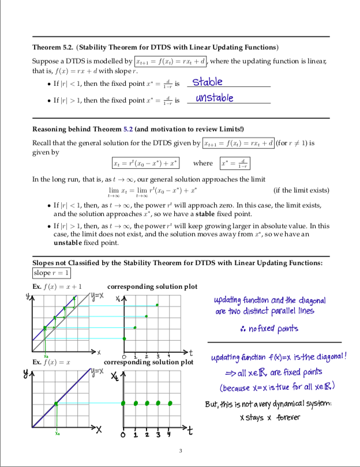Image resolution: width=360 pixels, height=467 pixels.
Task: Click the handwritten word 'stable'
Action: tap(207, 82)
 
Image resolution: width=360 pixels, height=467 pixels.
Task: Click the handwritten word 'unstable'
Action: tap(214, 97)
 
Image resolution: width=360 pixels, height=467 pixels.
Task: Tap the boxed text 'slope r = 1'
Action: tap(51, 273)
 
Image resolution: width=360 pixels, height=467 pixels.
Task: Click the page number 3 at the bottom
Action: tap(180, 450)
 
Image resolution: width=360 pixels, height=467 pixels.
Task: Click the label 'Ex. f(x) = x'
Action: tap(52, 362)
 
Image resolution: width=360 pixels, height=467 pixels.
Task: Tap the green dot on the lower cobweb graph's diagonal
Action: tap(56, 403)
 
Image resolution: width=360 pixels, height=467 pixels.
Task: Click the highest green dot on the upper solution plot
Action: tap(158, 305)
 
